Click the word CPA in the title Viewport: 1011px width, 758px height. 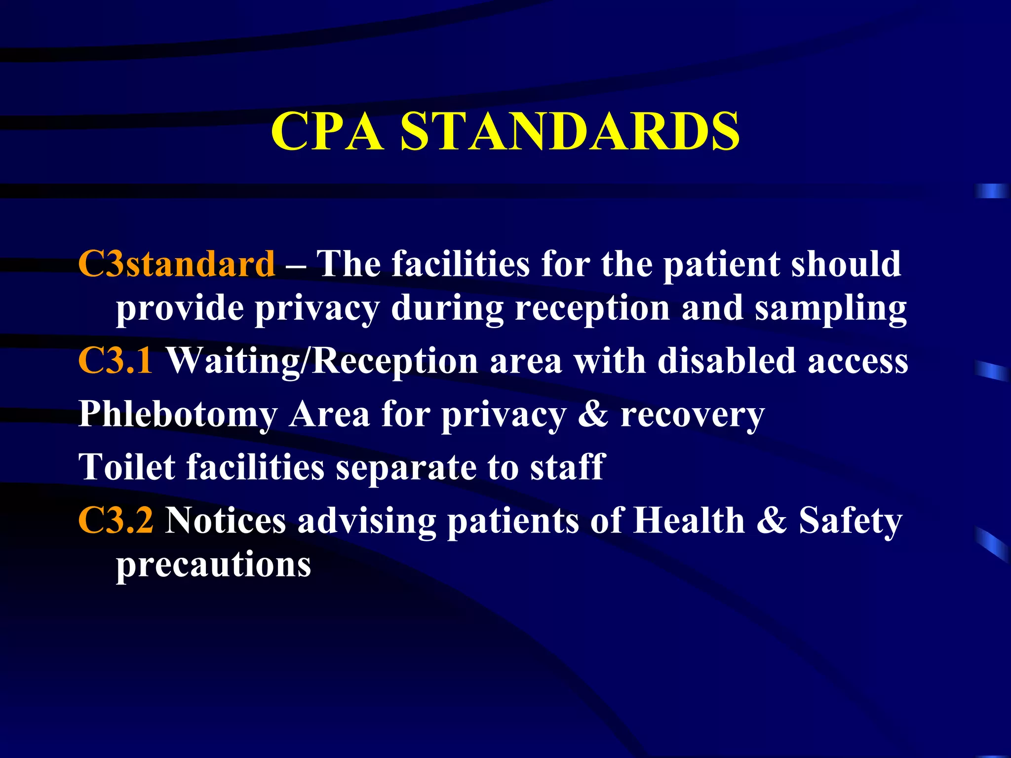(x=327, y=131)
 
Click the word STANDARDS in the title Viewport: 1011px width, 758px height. (x=570, y=131)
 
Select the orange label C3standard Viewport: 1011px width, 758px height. (x=176, y=264)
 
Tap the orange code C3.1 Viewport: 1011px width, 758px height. (x=116, y=361)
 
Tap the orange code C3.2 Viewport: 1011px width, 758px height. (x=116, y=520)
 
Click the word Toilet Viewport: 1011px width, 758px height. (x=126, y=467)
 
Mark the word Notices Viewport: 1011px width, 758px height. (x=226, y=520)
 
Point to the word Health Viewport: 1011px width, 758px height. (x=689, y=520)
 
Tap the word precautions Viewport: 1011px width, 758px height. (x=213, y=565)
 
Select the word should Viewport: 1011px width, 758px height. (x=846, y=264)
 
